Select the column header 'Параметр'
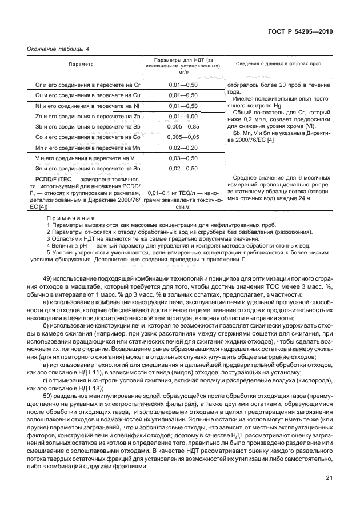[82, 64]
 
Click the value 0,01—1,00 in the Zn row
[183, 116]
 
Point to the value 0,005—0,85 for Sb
[183, 126]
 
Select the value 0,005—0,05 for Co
[183, 137]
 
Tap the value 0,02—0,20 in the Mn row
[183, 148]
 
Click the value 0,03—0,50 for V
[183, 158]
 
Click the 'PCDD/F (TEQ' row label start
[53, 179]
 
